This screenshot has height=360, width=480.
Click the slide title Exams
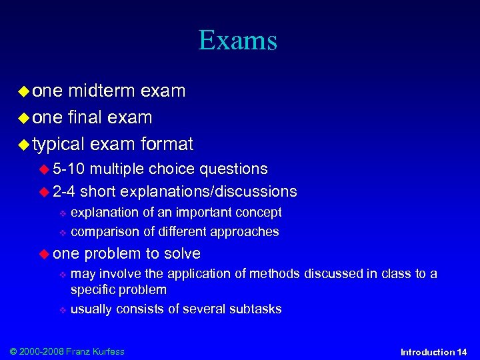click(237, 41)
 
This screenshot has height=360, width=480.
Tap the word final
click(82, 118)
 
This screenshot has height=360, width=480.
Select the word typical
click(58, 145)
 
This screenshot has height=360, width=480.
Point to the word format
click(167, 144)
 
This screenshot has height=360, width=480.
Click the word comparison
click(103, 232)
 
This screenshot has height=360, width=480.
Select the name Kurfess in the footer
click(108, 351)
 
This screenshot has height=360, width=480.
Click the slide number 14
click(461, 352)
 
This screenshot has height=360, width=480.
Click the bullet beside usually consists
click(62, 309)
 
